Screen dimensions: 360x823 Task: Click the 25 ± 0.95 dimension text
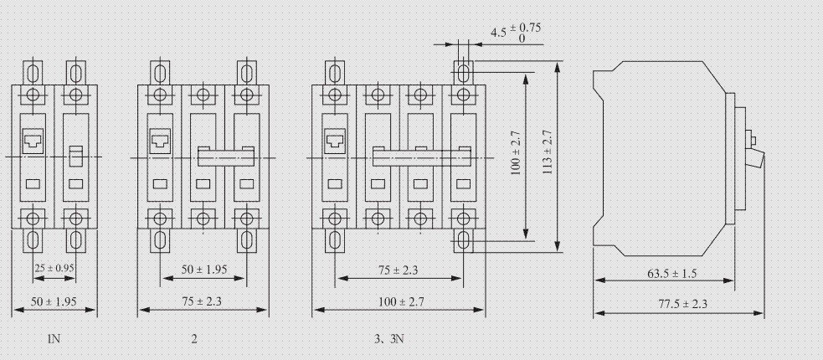click(x=54, y=269)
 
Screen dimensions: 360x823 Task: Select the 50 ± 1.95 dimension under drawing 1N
click(x=54, y=301)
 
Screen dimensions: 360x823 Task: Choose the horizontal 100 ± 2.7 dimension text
click(x=399, y=301)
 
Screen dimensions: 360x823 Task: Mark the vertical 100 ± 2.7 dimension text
click(x=516, y=152)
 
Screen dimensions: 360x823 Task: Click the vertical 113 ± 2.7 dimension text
click(x=548, y=152)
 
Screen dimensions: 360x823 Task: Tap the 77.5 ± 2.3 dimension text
click(x=678, y=304)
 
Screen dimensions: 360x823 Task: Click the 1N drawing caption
click(x=54, y=339)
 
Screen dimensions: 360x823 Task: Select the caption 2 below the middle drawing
click(x=194, y=339)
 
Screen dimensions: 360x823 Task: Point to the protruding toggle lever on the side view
click(x=759, y=159)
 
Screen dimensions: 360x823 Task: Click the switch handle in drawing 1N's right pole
click(x=75, y=155)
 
